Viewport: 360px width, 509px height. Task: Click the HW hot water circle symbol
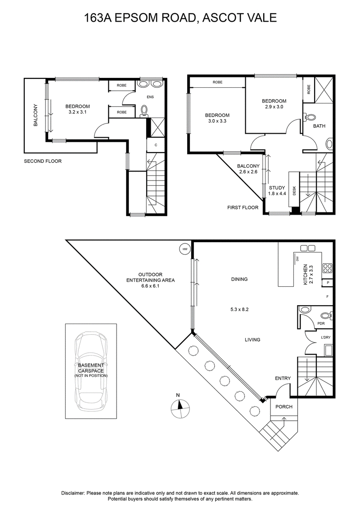pyautogui.click(x=185, y=249)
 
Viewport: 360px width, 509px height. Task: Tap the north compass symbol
pyautogui.click(x=180, y=408)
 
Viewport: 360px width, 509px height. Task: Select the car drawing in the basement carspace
pyautogui.click(x=91, y=371)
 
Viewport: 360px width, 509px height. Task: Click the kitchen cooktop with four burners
pyautogui.click(x=327, y=268)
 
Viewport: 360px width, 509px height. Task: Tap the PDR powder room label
pyautogui.click(x=321, y=323)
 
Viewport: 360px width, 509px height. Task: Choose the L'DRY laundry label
pyautogui.click(x=326, y=337)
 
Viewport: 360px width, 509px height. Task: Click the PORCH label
pyautogui.click(x=283, y=406)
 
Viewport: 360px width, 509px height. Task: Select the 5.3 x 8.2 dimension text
pyautogui.click(x=239, y=309)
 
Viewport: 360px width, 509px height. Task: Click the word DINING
pyautogui.click(x=239, y=279)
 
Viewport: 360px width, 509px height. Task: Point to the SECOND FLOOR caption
pyautogui.click(x=43, y=161)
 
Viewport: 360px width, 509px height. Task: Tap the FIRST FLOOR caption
pyautogui.click(x=243, y=207)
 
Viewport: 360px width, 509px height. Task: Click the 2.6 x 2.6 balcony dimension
pyautogui.click(x=248, y=172)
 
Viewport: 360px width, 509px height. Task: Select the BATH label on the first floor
pyautogui.click(x=319, y=126)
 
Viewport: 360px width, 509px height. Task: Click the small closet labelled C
pyautogui.click(x=156, y=145)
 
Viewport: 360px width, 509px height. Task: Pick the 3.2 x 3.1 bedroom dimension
pyautogui.click(x=77, y=112)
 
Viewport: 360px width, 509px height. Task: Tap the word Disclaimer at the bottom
pyautogui.click(x=73, y=493)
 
